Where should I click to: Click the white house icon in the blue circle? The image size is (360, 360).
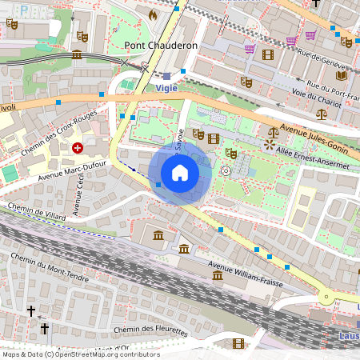coord(180,172)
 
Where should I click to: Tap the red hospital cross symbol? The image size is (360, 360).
coord(78,147)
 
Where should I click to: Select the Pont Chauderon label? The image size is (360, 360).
coord(161,46)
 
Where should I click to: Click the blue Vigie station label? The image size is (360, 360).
coord(166,88)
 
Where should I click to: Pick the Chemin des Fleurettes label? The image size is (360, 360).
coord(150,330)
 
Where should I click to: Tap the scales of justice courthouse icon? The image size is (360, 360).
coord(275,129)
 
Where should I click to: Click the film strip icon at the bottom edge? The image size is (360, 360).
coord(238,344)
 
